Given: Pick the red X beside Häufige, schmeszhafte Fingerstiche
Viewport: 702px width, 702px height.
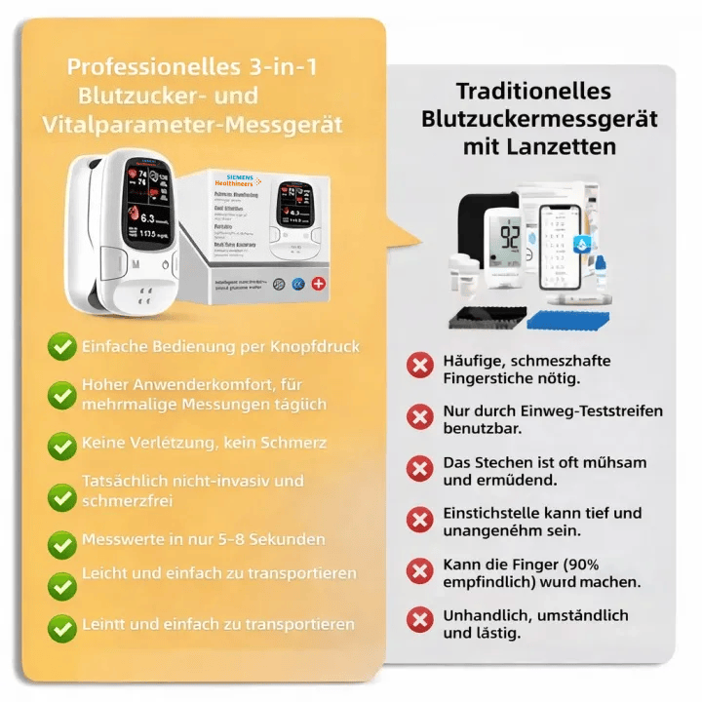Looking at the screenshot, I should click(420, 367).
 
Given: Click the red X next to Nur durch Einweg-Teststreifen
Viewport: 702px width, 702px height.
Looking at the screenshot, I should click(420, 418).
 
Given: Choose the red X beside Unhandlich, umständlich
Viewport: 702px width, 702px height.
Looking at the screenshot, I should click(420, 621).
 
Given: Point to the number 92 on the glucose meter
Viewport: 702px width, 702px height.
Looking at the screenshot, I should click(509, 236).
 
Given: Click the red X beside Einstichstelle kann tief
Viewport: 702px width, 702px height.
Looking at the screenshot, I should click(420, 520).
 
